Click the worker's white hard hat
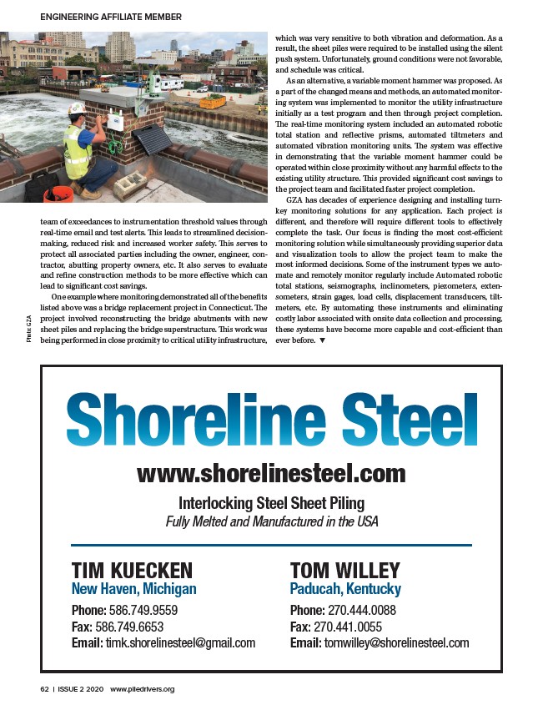coord(76,108)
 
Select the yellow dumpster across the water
coord(213,102)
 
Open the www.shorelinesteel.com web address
coord(271,474)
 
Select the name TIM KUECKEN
coord(133,570)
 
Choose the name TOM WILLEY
coord(344,570)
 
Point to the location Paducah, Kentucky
coord(345,589)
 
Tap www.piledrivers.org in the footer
coord(142,689)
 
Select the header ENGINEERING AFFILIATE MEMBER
coord(111,17)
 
